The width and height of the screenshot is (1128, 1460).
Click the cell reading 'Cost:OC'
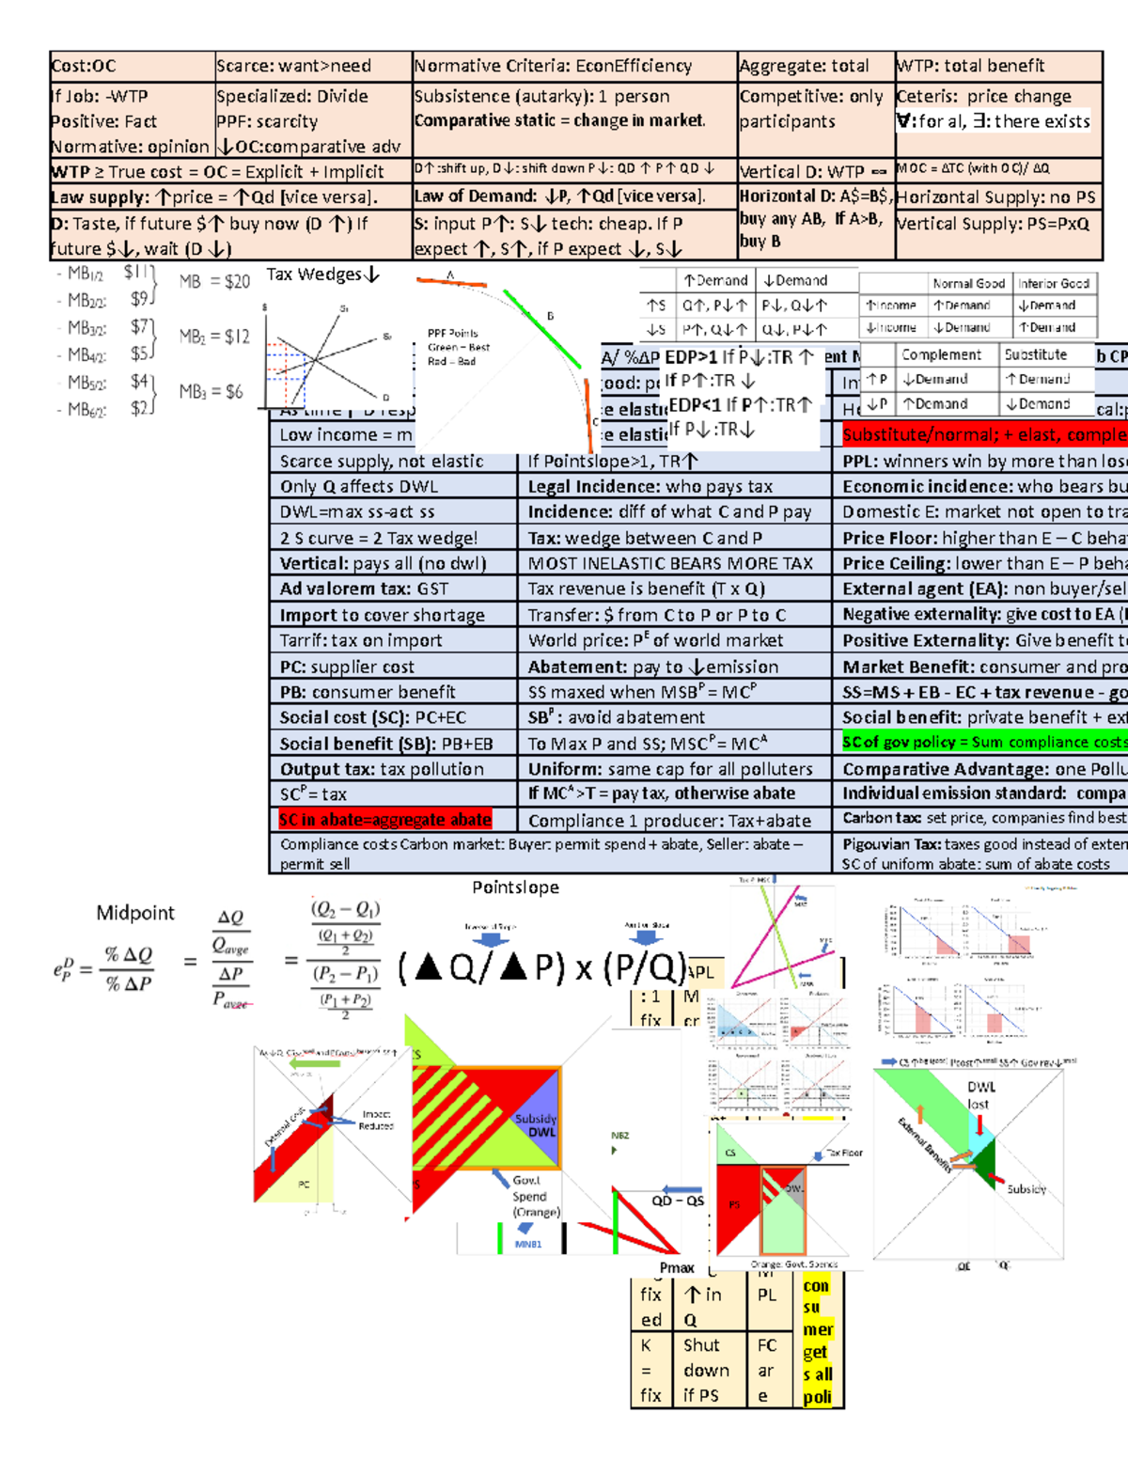click(84, 66)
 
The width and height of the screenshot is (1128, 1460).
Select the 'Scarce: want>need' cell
click(293, 66)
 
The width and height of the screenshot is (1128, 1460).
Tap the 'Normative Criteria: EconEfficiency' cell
click(553, 66)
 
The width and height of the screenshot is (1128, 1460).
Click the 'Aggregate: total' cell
click(804, 66)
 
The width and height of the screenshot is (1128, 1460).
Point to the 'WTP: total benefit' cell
click(970, 66)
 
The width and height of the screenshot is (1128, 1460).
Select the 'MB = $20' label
click(214, 281)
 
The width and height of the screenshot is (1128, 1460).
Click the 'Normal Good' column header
click(968, 283)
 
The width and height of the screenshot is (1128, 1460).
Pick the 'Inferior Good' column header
click(1053, 283)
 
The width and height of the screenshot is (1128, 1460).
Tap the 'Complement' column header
click(941, 354)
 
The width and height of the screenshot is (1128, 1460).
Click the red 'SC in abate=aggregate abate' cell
click(384, 820)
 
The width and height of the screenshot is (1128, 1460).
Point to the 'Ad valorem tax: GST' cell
click(364, 589)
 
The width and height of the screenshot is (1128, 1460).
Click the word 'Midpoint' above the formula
click(135, 913)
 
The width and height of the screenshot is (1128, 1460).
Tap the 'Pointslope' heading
click(515, 887)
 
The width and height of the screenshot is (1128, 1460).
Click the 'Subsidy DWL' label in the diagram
click(536, 1125)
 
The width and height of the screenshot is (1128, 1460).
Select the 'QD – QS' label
click(678, 1201)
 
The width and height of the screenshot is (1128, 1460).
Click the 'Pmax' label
click(677, 1267)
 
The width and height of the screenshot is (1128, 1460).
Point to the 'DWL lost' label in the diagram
click(980, 1095)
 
